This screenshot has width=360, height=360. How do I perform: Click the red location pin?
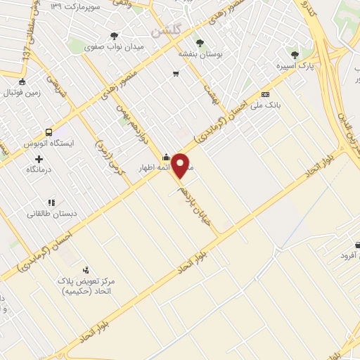tap(181, 166)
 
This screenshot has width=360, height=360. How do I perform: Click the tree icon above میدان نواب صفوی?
tap(114, 36)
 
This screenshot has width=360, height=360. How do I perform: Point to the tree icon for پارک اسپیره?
tap(295, 53)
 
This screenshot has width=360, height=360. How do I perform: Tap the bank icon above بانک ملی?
tap(265, 94)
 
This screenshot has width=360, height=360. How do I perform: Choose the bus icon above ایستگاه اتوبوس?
tap(49, 131)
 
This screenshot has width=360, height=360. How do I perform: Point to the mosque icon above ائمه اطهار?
tap(165, 157)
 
